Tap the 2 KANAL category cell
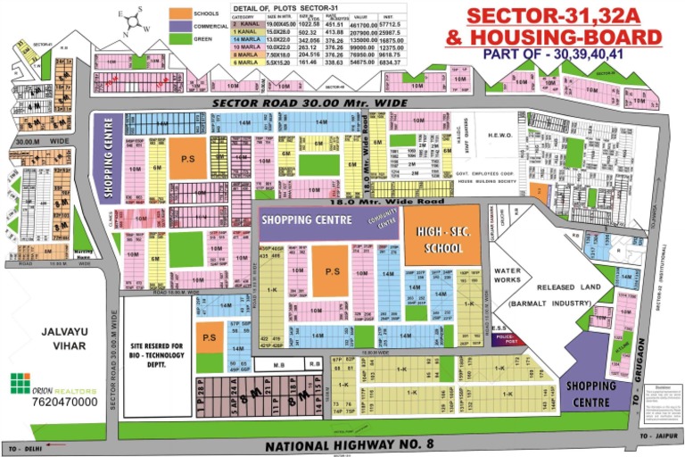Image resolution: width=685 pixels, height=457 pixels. pyautogui.click(x=243, y=24)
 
